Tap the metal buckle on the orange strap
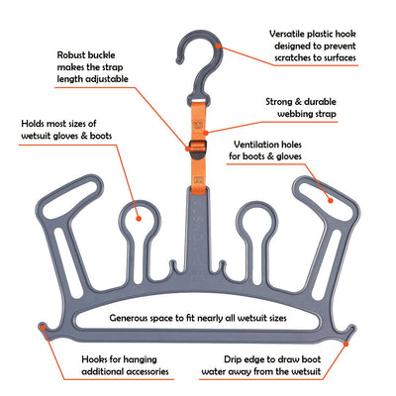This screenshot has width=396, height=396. coord(197,151)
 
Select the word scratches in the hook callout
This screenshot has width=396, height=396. coord(295,60)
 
